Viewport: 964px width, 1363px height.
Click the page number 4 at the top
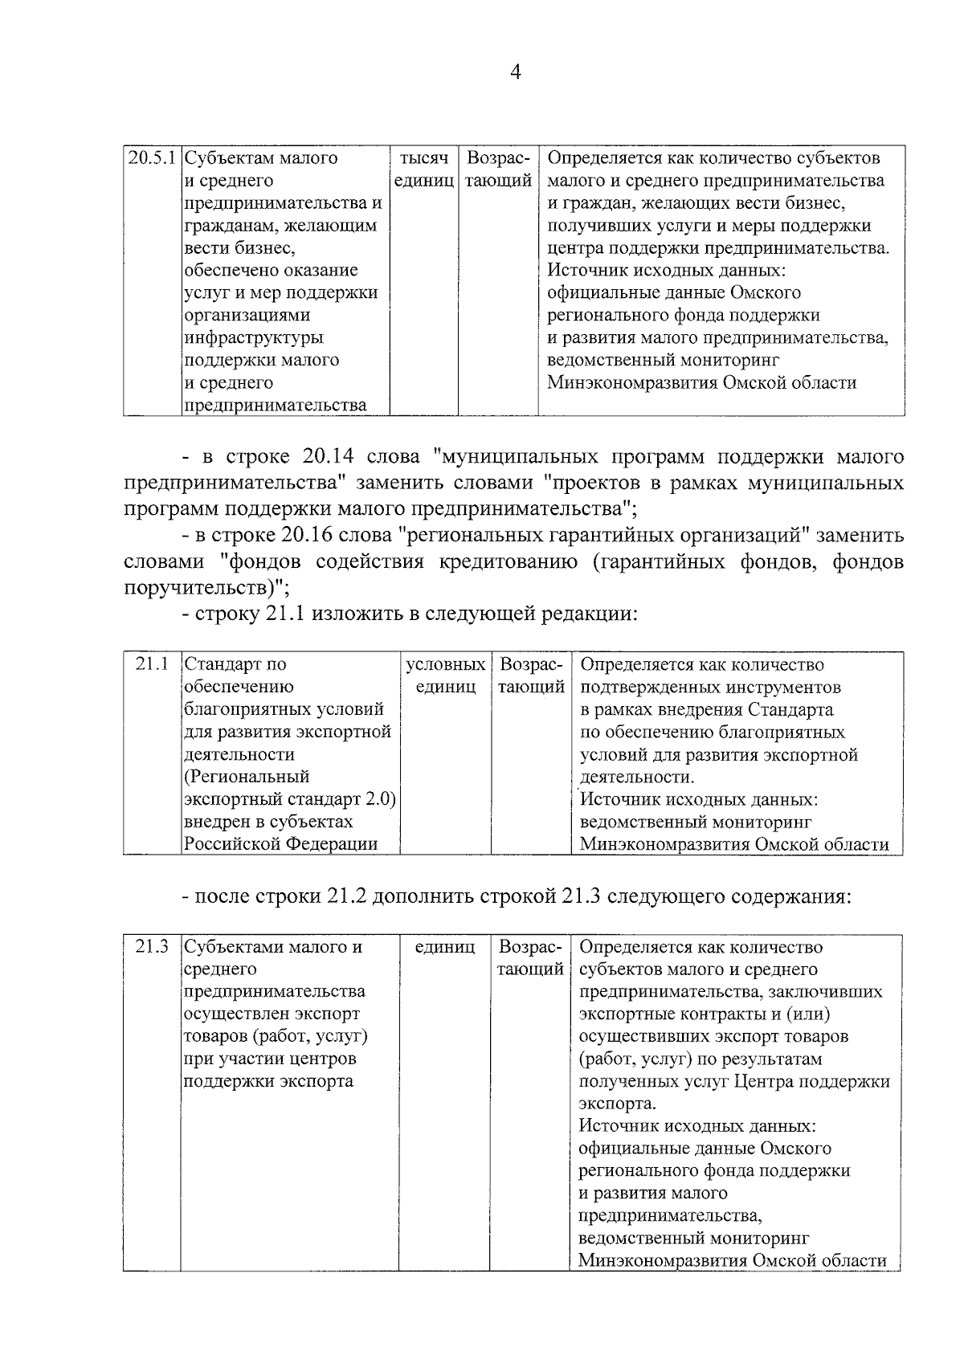pyautogui.click(x=516, y=73)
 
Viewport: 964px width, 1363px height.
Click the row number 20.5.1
pyautogui.click(x=153, y=158)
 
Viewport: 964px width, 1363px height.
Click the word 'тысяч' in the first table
pyautogui.click(x=423, y=158)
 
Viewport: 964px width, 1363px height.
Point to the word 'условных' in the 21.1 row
pyautogui.click(x=446, y=665)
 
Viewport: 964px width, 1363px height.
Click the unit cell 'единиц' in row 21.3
pyautogui.click(x=445, y=948)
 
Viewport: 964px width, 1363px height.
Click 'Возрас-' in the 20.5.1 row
pyautogui.click(x=498, y=158)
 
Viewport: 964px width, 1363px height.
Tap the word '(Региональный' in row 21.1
pyautogui.click(x=247, y=777)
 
